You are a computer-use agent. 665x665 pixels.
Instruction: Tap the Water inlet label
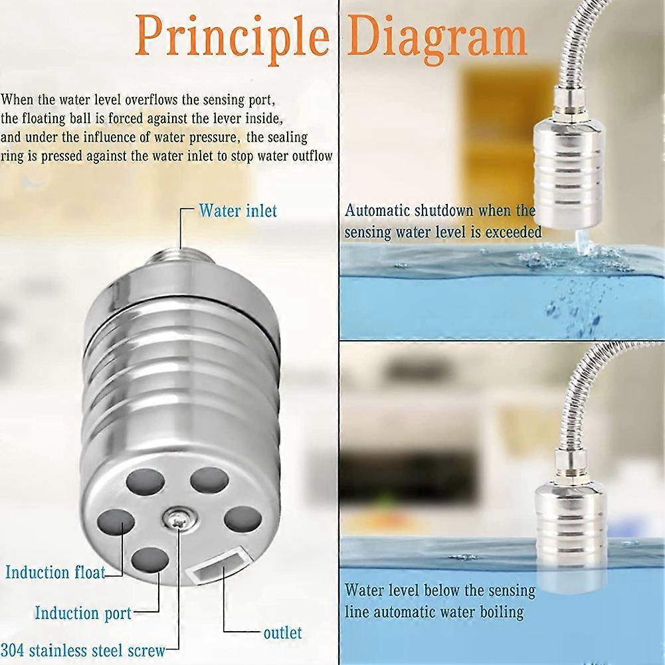(x=238, y=211)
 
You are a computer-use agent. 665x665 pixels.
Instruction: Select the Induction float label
(x=56, y=572)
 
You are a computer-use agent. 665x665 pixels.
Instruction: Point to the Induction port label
(x=83, y=613)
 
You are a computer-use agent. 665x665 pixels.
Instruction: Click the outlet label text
(x=282, y=632)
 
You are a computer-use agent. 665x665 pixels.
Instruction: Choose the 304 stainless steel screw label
(x=82, y=650)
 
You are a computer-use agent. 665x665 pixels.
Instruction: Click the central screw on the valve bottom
(x=177, y=519)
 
